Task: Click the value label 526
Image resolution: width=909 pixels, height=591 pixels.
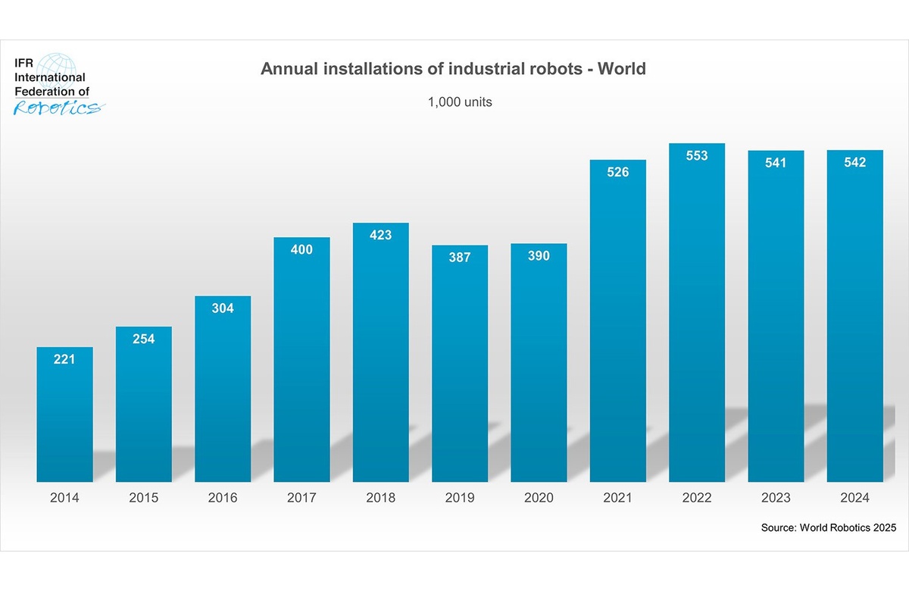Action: click(x=617, y=172)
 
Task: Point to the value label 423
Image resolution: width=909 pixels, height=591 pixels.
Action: click(x=380, y=235)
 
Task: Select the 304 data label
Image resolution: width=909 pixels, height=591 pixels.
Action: click(x=223, y=308)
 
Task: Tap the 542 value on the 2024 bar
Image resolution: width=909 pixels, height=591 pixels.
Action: click(x=854, y=162)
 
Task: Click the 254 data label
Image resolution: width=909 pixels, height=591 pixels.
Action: click(x=143, y=339)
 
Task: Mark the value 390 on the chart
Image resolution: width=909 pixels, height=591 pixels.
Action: click(x=539, y=256)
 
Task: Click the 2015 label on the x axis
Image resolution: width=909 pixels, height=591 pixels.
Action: click(x=143, y=498)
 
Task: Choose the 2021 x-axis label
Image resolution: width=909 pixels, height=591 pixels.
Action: click(x=617, y=498)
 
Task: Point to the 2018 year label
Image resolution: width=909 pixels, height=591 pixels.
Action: click(x=380, y=498)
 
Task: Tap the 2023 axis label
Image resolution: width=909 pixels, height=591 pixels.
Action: click(x=776, y=498)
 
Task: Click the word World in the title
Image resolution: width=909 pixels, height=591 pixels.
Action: click(x=621, y=69)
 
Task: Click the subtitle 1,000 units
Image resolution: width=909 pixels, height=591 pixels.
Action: click(x=460, y=102)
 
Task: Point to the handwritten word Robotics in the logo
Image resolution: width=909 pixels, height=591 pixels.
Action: click(x=58, y=108)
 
